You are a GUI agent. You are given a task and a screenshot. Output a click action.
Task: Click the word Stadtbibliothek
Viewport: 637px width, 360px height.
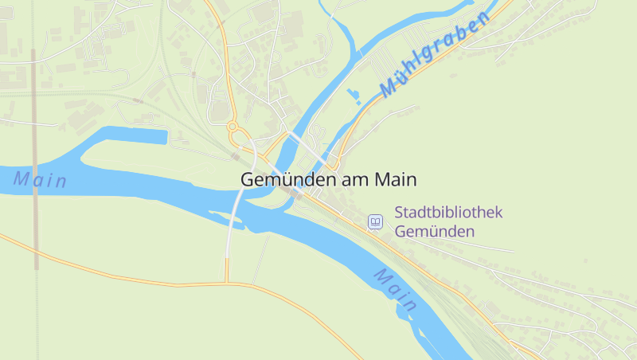click(449, 213)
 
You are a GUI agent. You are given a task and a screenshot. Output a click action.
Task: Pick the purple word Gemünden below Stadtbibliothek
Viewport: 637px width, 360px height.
click(435, 232)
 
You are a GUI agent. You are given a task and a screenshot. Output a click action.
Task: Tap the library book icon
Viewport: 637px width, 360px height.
click(375, 221)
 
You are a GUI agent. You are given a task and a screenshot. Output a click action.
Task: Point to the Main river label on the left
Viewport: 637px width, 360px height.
click(40, 180)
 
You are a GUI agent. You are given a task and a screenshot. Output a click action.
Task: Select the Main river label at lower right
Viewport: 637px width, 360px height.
click(396, 290)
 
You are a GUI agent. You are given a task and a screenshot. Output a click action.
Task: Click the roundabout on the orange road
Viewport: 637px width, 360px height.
click(233, 126)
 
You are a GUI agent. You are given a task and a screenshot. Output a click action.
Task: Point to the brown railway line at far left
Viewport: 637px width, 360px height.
click(34, 159)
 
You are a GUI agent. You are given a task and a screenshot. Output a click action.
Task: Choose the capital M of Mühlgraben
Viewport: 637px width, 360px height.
click(389, 88)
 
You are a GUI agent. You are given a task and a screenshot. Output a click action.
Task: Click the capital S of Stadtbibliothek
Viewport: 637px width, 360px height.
click(399, 213)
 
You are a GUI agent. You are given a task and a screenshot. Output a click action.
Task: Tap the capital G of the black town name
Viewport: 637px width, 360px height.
click(247, 181)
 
